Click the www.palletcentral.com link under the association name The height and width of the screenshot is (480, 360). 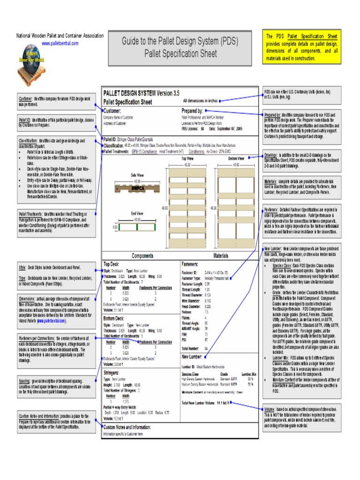[x=60, y=43]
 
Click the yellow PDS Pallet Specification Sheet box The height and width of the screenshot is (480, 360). [x=302, y=47]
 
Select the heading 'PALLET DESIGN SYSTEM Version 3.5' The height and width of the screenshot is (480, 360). [x=141, y=93]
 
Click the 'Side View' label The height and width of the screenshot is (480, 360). [x=137, y=174]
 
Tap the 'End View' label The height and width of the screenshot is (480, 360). [x=137, y=213]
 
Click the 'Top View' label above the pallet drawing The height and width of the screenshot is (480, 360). [x=187, y=159]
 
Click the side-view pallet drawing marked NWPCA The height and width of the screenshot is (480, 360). [x=137, y=187]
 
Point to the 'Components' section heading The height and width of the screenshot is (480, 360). [x=142, y=255]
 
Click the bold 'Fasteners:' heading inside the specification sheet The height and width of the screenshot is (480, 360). [x=192, y=264]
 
